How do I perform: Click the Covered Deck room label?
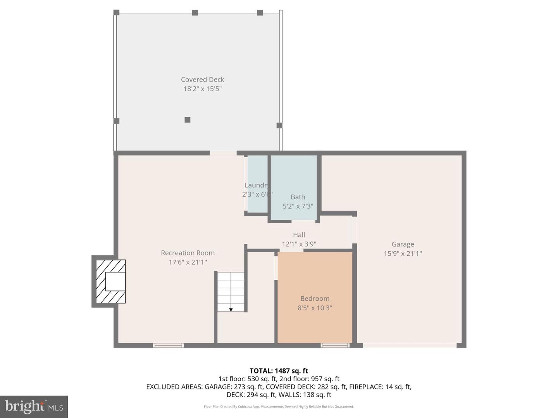(x=202, y=79)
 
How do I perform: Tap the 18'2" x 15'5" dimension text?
(x=202, y=89)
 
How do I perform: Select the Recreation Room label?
(x=188, y=253)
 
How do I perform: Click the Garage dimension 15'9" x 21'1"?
(x=403, y=254)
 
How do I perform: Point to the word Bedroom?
(x=315, y=298)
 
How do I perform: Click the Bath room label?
(x=298, y=197)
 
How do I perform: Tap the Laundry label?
(x=256, y=185)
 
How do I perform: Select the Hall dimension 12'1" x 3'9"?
(x=299, y=244)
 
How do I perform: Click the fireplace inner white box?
(x=115, y=281)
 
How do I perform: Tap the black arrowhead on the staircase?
(x=231, y=310)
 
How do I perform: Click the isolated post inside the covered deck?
(x=188, y=120)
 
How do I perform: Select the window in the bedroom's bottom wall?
(x=335, y=345)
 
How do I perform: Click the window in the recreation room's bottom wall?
(x=168, y=345)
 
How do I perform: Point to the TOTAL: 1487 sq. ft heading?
(x=279, y=371)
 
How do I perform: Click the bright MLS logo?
(x=34, y=406)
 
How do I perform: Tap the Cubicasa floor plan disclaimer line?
(x=279, y=407)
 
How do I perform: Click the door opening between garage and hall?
(x=355, y=230)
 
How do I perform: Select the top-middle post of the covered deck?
(x=195, y=13)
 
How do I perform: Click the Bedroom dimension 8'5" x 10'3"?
(x=315, y=308)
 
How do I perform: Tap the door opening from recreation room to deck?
(x=223, y=153)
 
